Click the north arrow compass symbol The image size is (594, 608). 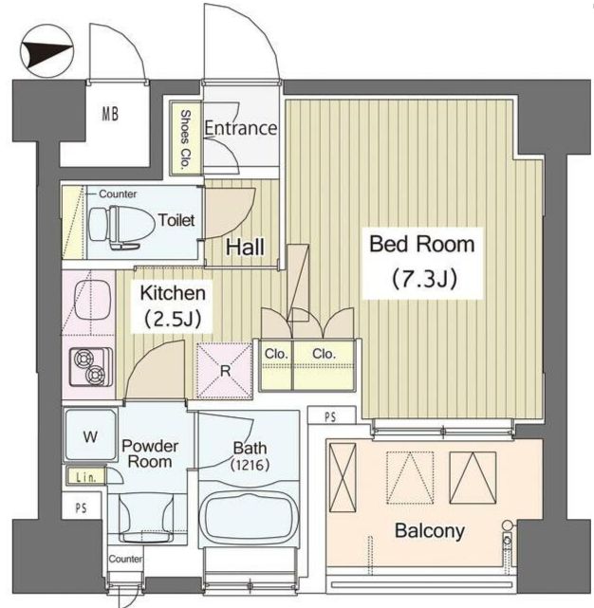46,51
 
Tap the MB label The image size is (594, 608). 110,114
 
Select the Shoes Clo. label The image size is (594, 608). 185,138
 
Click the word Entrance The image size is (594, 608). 241,128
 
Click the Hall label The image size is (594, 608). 245,247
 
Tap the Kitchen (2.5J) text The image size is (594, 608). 173,305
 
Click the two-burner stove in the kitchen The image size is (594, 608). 91,367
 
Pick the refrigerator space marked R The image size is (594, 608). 225,371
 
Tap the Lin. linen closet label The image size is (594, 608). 85,477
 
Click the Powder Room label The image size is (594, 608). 150,453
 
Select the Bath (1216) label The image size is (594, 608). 250,456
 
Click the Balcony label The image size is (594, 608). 430,530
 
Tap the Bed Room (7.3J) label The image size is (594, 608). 422,262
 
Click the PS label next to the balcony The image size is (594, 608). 330,416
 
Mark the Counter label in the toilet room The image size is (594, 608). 118,193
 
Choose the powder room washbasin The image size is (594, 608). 146,518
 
